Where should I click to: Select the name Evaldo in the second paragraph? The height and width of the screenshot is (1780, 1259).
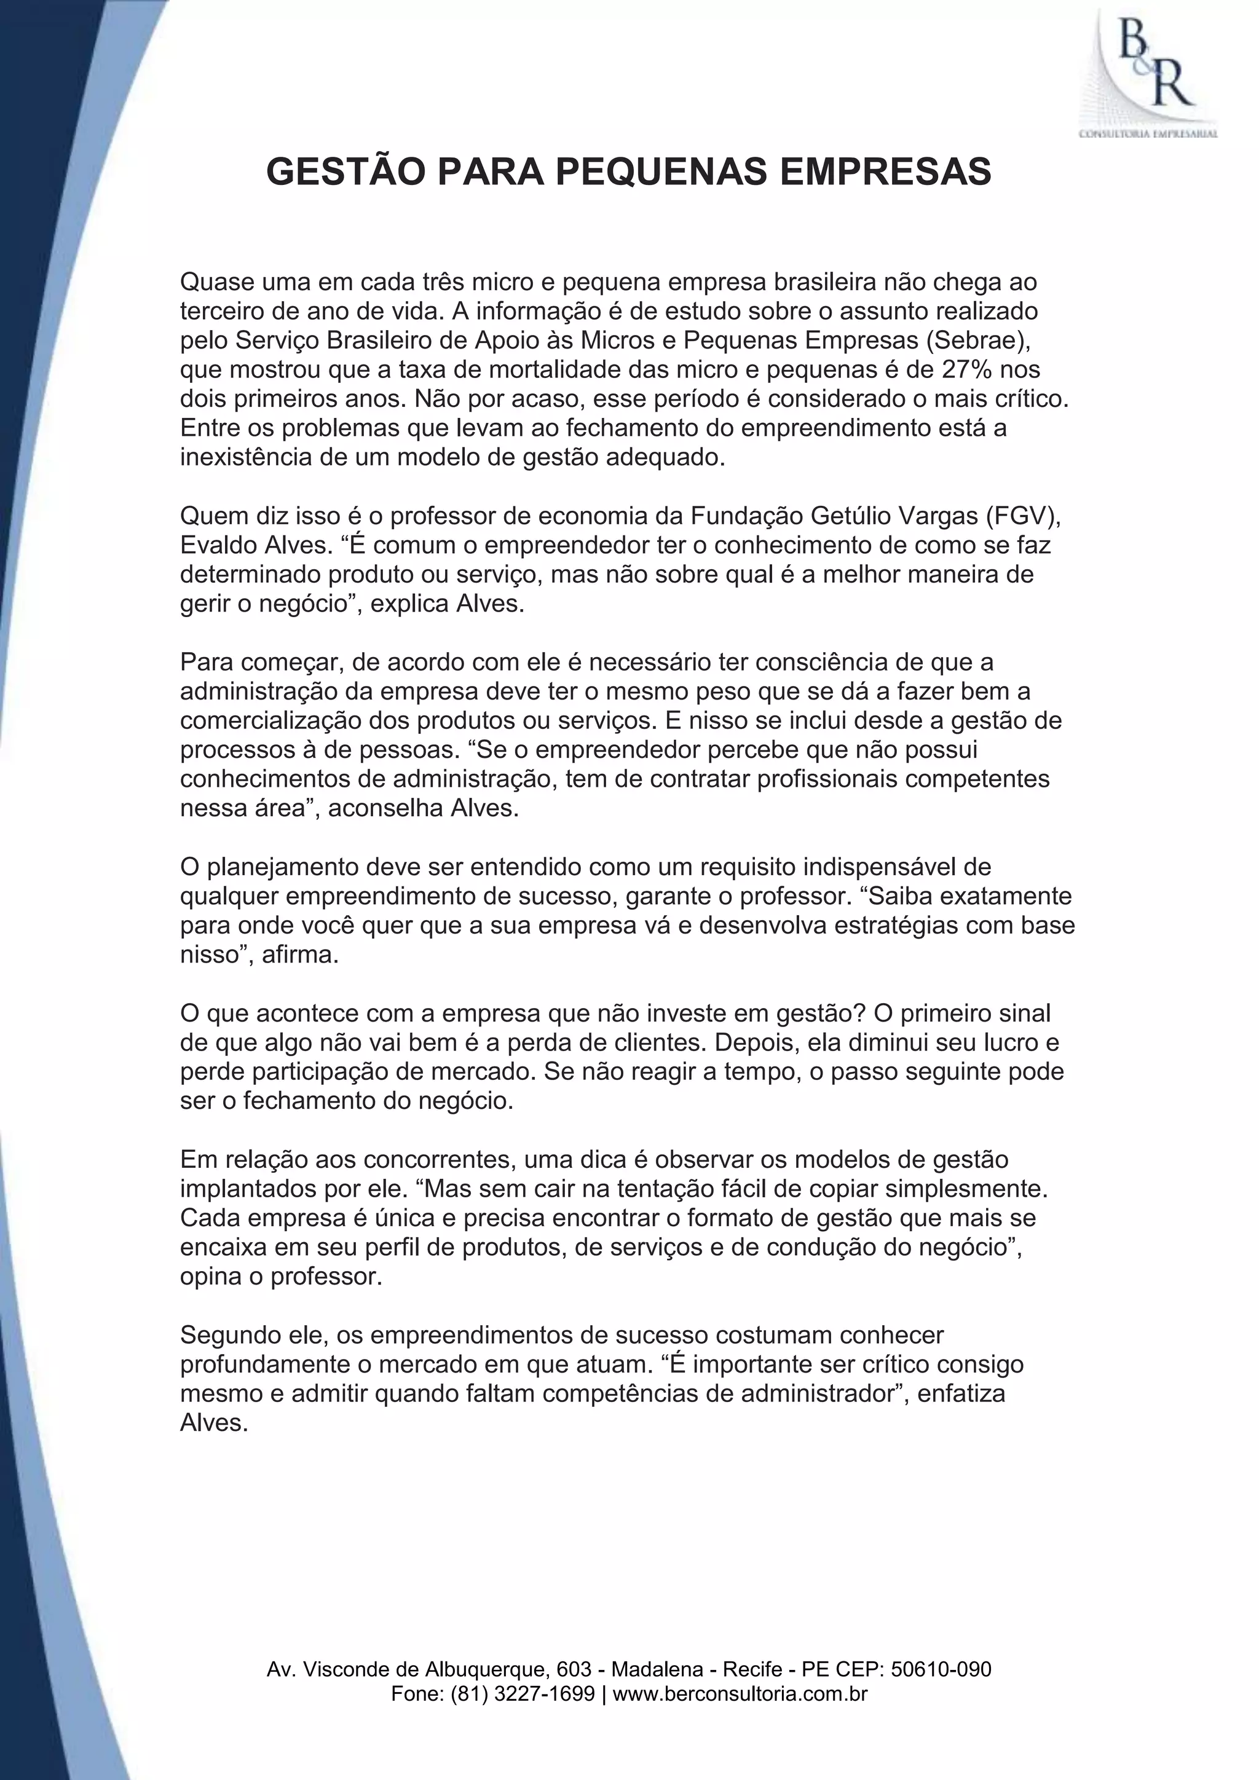pos(219,545)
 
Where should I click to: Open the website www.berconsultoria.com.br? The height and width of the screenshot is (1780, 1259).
pos(740,1694)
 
